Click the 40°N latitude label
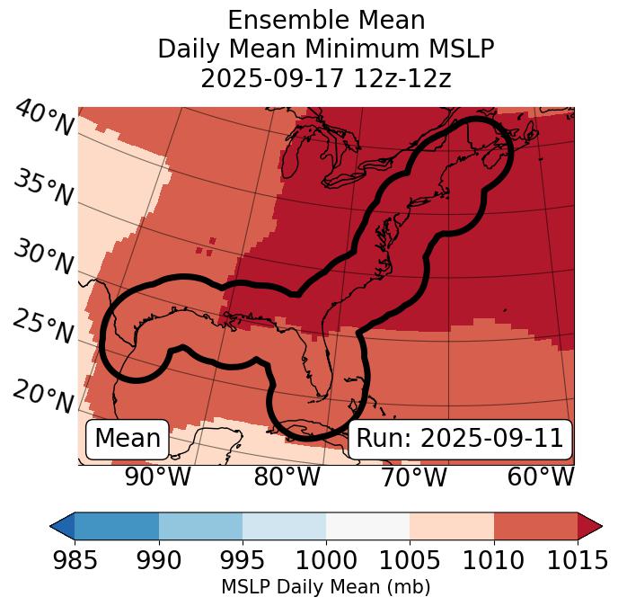tap(44, 119)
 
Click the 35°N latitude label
tap(44, 189)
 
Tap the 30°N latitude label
tap(44, 258)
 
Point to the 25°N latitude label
tap(44, 327)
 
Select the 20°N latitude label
tap(44, 397)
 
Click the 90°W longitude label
tap(158, 477)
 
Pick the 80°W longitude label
tap(287, 477)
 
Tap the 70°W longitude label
tap(413, 477)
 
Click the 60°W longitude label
tap(541, 477)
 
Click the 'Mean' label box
tap(128, 439)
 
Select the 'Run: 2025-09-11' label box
tap(460, 439)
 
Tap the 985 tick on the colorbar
tap(75, 560)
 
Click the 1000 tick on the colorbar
tap(326, 560)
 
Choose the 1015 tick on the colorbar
tap(578, 560)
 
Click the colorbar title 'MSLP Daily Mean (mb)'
tap(326, 587)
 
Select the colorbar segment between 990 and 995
tap(200, 525)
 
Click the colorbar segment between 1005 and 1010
tap(452, 525)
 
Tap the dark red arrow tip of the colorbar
tap(590, 525)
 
